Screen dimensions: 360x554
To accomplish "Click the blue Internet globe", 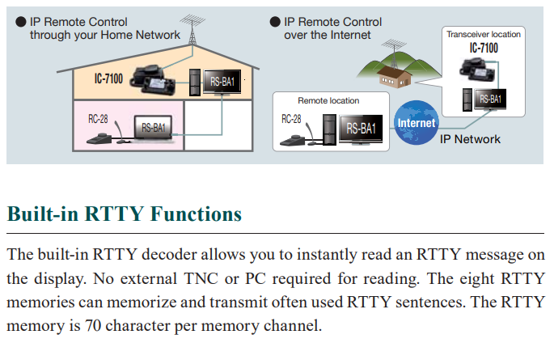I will [x=416, y=123].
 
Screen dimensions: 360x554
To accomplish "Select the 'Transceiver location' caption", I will [x=483, y=34].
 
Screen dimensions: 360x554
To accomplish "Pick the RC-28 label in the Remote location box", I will [x=293, y=119].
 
